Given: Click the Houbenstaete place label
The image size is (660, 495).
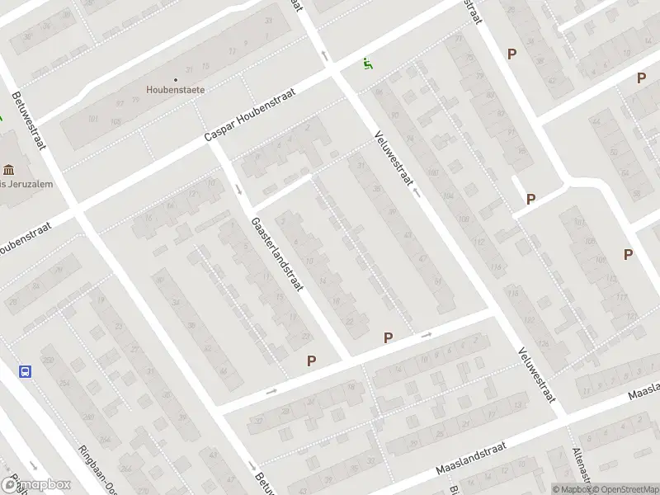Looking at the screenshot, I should tap(176, 90).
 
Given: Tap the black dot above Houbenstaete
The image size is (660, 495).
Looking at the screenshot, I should tap(176, 80).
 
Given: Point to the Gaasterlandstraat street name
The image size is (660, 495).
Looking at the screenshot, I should tap(278, 254).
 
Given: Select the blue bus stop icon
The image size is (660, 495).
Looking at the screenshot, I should tap(25, 371).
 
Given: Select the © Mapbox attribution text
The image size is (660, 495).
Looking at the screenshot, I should tap(572, 489).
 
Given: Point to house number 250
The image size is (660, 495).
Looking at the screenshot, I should tap(48, 361).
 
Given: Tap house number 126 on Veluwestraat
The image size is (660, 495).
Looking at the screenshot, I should tap(544, 345).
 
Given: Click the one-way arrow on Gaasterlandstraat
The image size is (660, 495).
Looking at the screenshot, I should tap(238, 190).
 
